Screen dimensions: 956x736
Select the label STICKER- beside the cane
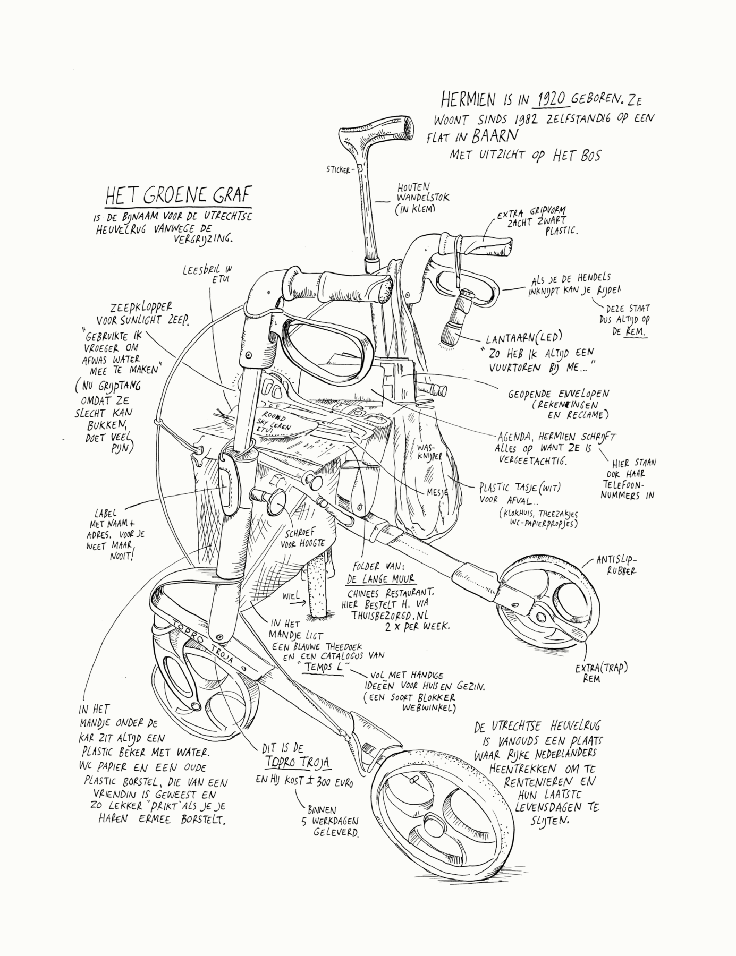coord(341,170)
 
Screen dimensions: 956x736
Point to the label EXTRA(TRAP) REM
coord(600,673)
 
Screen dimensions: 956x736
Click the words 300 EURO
coord(330,781)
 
